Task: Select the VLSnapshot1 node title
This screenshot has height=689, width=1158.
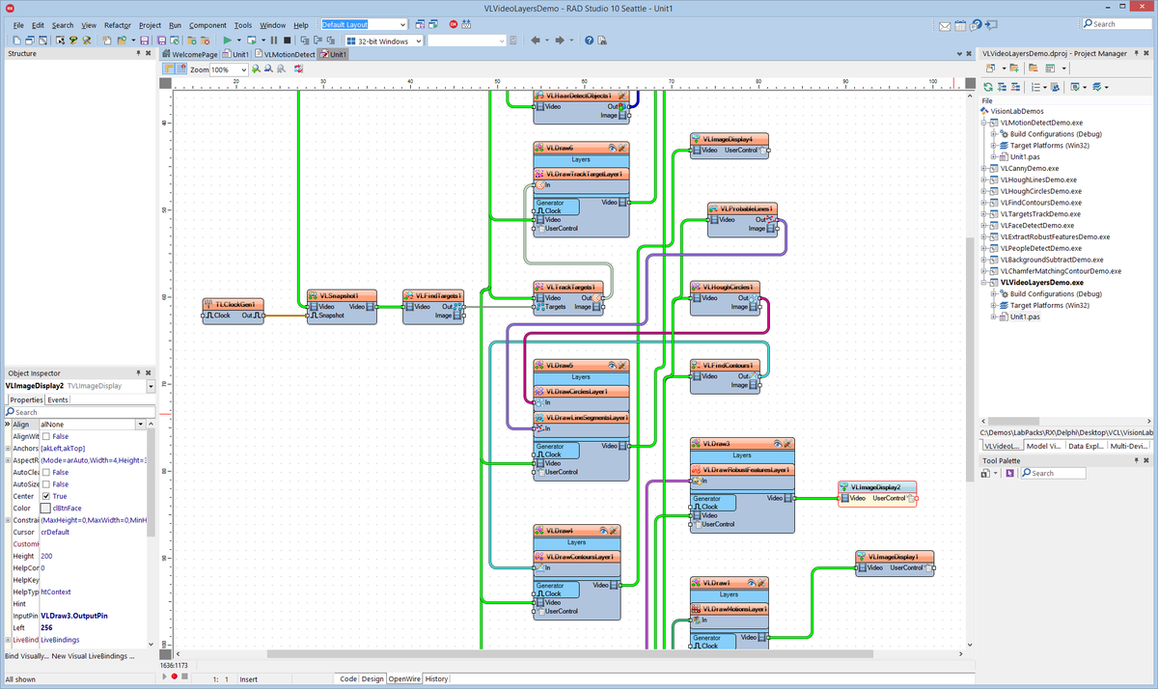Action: (340, 295)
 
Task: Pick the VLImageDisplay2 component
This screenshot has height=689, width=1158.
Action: (876, 487)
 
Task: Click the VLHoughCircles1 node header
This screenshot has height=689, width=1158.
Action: (727, 287)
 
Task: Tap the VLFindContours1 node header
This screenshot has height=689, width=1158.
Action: (727, 366)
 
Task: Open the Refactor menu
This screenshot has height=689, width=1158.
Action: (118, 25)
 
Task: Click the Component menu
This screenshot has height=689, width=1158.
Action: (207, 25)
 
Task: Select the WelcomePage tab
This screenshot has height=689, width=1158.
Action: (194, 55)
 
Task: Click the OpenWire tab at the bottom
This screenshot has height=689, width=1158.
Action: (404, 679)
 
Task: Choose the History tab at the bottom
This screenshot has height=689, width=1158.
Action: (436, 679)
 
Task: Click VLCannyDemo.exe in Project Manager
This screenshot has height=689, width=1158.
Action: (1029, 168)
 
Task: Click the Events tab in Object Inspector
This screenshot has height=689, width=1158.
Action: (58, 400)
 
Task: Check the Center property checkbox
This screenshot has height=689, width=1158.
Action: (45, 496)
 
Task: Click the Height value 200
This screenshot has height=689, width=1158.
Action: (46, 556)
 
